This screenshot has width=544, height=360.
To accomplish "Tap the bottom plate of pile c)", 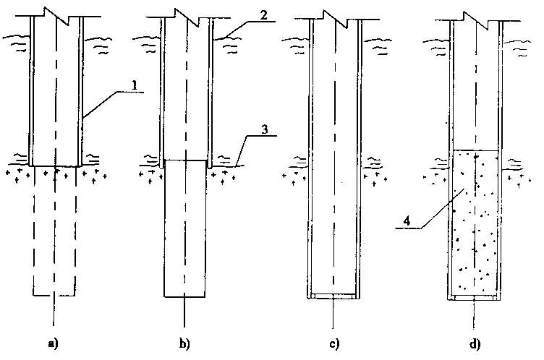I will tap(332, 296).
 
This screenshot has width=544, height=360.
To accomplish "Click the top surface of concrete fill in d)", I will tap(475, 150).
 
